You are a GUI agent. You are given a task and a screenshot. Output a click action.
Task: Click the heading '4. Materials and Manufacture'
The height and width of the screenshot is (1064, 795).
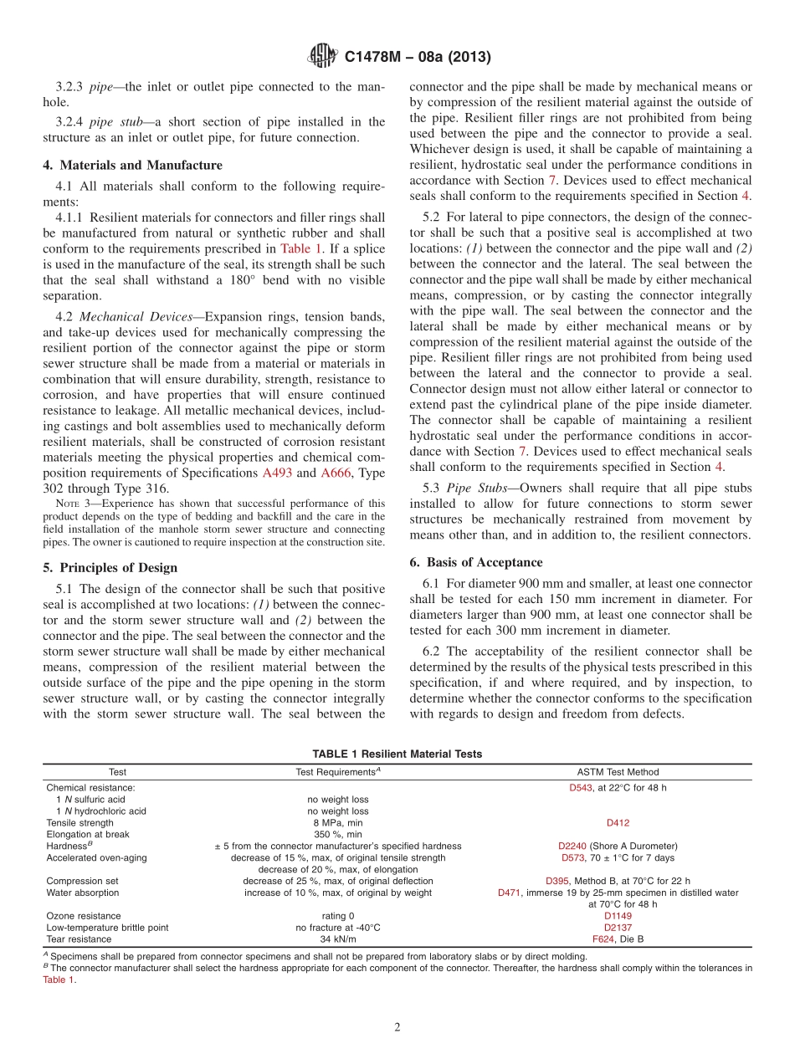[x=133, y=166]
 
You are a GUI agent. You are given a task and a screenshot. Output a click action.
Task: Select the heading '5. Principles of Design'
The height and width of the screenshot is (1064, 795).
[x=110, y=567]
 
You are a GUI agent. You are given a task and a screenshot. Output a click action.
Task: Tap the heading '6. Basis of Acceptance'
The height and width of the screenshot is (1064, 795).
[x=476, y=562]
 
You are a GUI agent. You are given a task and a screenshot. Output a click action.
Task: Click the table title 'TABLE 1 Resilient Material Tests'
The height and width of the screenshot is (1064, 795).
[x=397, y=754]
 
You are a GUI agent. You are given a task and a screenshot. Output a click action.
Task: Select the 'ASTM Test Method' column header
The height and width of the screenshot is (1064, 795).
[x=618, y=772]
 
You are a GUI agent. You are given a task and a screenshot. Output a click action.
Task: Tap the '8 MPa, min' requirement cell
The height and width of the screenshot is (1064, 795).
[x=337, y=823]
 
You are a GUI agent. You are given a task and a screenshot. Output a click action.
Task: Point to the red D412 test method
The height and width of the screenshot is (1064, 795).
[x=618, y=823]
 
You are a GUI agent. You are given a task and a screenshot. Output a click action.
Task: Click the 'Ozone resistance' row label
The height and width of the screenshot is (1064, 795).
[x=83, y=916]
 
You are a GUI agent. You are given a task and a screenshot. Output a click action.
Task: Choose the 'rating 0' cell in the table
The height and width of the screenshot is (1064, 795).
[x=337, y=916]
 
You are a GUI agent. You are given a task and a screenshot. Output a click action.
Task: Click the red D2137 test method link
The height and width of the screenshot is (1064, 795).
[x=618, y=928]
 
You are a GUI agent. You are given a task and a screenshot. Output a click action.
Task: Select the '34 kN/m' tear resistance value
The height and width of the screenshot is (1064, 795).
[x=337, y=939]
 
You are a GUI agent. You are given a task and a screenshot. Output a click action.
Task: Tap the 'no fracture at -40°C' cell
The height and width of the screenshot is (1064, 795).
[x=337, y=928]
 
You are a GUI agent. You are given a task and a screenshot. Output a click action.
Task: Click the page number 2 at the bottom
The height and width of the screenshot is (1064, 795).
[x=397, y=1027]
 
